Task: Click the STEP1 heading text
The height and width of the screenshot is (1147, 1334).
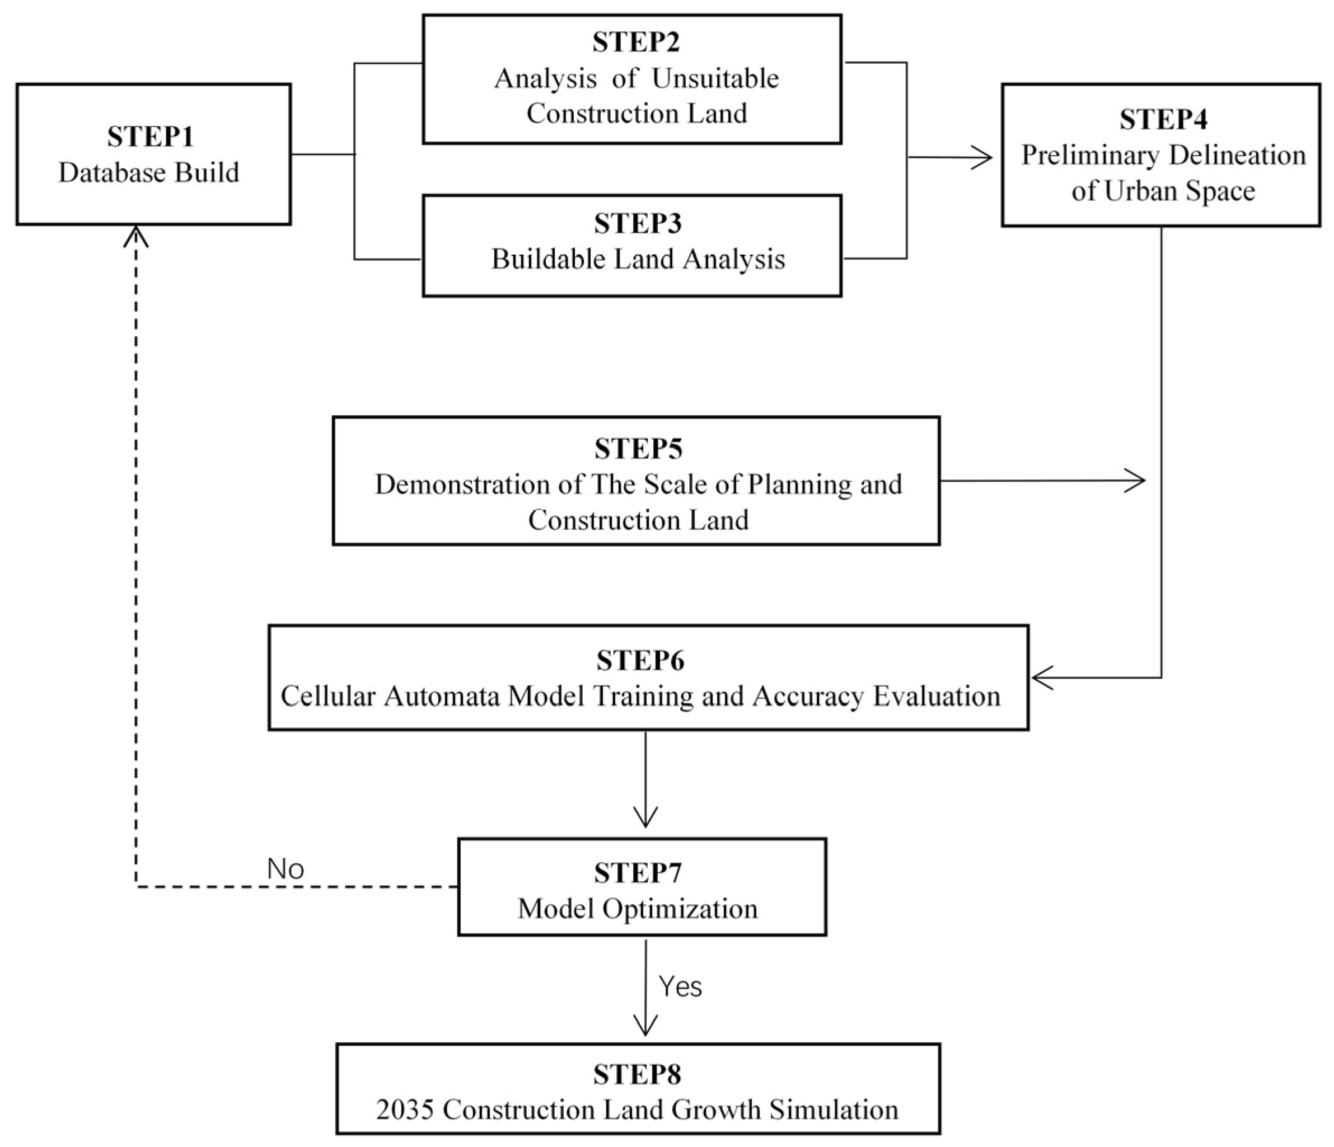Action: coord(150,137)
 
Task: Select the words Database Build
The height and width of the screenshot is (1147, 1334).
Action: coord(149,172)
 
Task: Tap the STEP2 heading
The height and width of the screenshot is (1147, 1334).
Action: coord(636,42)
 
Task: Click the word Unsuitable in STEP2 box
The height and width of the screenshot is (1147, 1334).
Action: coord(715,78)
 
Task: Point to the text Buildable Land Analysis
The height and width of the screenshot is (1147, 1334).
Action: coord(638,258)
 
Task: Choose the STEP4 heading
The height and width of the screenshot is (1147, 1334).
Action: coord(1163,120)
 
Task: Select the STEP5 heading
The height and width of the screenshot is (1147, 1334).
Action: coord(638,449)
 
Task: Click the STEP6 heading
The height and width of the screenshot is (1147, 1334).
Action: coord(639,660)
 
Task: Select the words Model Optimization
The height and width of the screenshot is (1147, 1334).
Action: coord(638,908)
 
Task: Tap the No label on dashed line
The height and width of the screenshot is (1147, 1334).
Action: coord(285,869)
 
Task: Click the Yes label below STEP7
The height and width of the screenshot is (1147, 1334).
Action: coord(680,986)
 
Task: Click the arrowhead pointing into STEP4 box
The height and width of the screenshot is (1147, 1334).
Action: coord(984,157)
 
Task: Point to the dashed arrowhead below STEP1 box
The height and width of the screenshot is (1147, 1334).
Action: coord(136,236)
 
